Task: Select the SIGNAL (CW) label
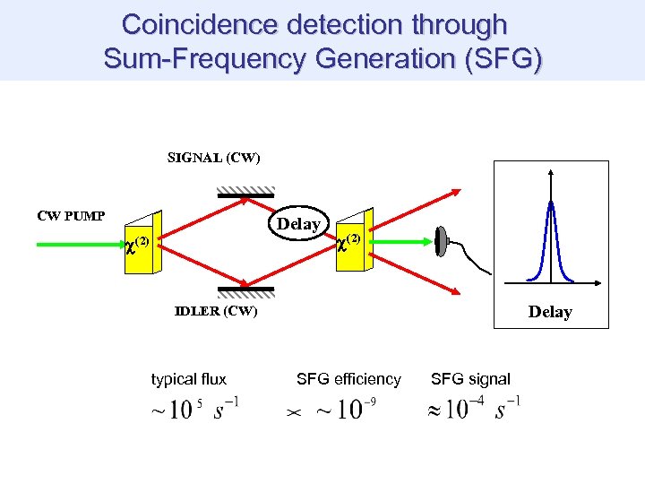[x=214, y=159]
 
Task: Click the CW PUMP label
[x=71, y=215]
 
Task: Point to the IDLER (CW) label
[x=215, y=311]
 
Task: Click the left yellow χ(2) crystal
[x=142, y=241]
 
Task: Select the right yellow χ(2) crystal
[x=352, y=241]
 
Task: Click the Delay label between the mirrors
[x=298, y=224]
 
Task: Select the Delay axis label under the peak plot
[x=550, y=312]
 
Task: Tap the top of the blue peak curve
[x=550, y=203]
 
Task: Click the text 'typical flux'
[x=189, y=379]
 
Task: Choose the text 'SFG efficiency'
[x=348, y=379]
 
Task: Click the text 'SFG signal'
[x=470, y=379]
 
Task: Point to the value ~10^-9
[x=346, y=410]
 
